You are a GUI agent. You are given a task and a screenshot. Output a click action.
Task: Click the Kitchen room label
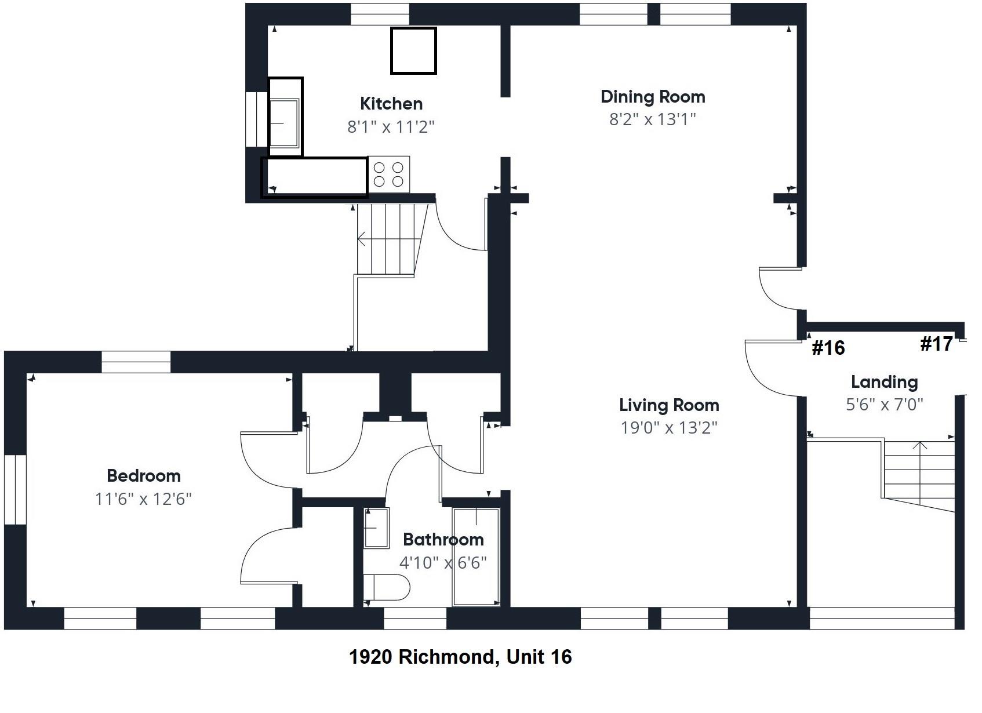tap(391, 104)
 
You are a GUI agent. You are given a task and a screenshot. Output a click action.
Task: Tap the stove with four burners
tap(388, 174)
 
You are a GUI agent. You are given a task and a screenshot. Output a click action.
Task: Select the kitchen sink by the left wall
tap(284, 122)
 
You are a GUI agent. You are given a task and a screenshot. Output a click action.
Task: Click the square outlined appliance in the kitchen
tap(413, 51)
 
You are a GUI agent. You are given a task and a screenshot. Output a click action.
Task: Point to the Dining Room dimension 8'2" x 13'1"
tap(652, 119)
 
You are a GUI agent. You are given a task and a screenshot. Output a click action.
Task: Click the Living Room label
tap(669, 405)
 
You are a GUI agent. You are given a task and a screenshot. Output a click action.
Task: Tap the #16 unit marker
tap(828, 348)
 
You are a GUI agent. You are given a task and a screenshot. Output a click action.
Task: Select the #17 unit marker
tap(936, 344)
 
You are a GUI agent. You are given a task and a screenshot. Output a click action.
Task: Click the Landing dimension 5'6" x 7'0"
tap(884, 405)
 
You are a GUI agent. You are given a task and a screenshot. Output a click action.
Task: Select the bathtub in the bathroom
tap(476, 557)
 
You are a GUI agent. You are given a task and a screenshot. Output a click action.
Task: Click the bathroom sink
tap(376, 528)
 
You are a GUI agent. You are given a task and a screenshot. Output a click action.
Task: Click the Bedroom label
tap(144, 476)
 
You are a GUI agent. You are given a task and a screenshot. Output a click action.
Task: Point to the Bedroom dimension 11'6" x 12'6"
tap(143, 499)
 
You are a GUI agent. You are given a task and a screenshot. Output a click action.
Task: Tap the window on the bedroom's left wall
tap(15, 490)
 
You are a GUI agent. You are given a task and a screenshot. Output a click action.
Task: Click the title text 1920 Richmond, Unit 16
tap(460, 657)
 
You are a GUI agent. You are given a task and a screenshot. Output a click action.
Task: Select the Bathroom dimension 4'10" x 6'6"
tap(443, 563)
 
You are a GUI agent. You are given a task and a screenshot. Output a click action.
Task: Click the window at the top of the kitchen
tap(380, 14)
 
